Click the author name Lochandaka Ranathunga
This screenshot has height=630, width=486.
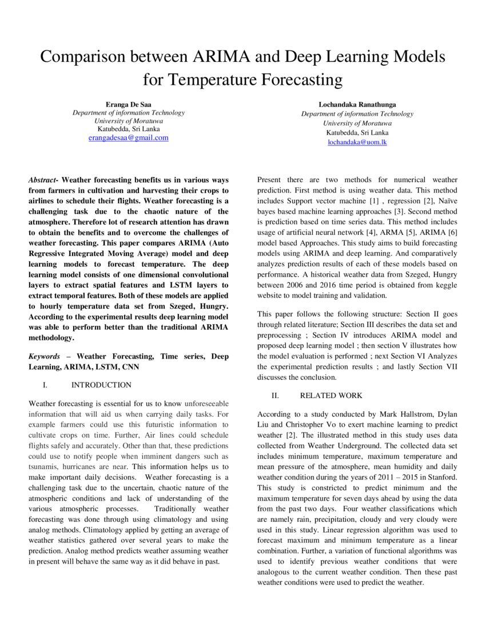coord(357,104)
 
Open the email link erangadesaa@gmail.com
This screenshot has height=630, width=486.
coord(128,138)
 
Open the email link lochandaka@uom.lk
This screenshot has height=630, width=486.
coord(357,141)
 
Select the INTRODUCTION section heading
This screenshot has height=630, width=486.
coord(101,384)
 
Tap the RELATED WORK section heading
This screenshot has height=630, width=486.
coord(330,395)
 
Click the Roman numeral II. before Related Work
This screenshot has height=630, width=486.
coord(275,395)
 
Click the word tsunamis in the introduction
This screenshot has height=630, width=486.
coord(42,466)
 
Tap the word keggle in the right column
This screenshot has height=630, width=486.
coord(444,285)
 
